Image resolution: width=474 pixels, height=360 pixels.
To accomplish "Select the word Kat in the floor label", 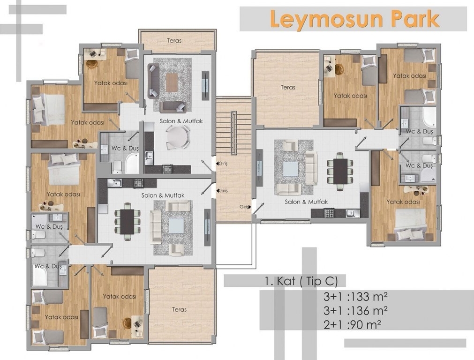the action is pyautogui.click(x=286, y=281).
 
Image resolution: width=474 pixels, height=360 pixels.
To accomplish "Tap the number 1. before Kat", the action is pyautogui.click(x=269, y=281).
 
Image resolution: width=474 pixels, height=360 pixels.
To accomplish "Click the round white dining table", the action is pyautogui.click(x=177, y=137).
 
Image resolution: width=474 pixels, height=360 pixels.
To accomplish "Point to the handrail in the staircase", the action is pyautogui.click(x=233, y=133).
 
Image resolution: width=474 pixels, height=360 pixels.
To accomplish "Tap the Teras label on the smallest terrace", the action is pyautogui.click(x=174, y=40).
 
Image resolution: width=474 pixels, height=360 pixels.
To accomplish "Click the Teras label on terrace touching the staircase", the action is pyautogui.click(x=288, y=87).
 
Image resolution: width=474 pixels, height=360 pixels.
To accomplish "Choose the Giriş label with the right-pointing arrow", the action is pyautogui.click(x=245, y=207).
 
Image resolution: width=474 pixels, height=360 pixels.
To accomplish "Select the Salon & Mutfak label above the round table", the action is pyautogui.click(x=181, y=121).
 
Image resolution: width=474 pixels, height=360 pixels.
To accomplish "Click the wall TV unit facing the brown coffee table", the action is pyautogui.click(x=205, y=85).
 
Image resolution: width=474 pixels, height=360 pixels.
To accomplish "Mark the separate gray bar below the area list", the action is pyautogui.click(x=405, y=343).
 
